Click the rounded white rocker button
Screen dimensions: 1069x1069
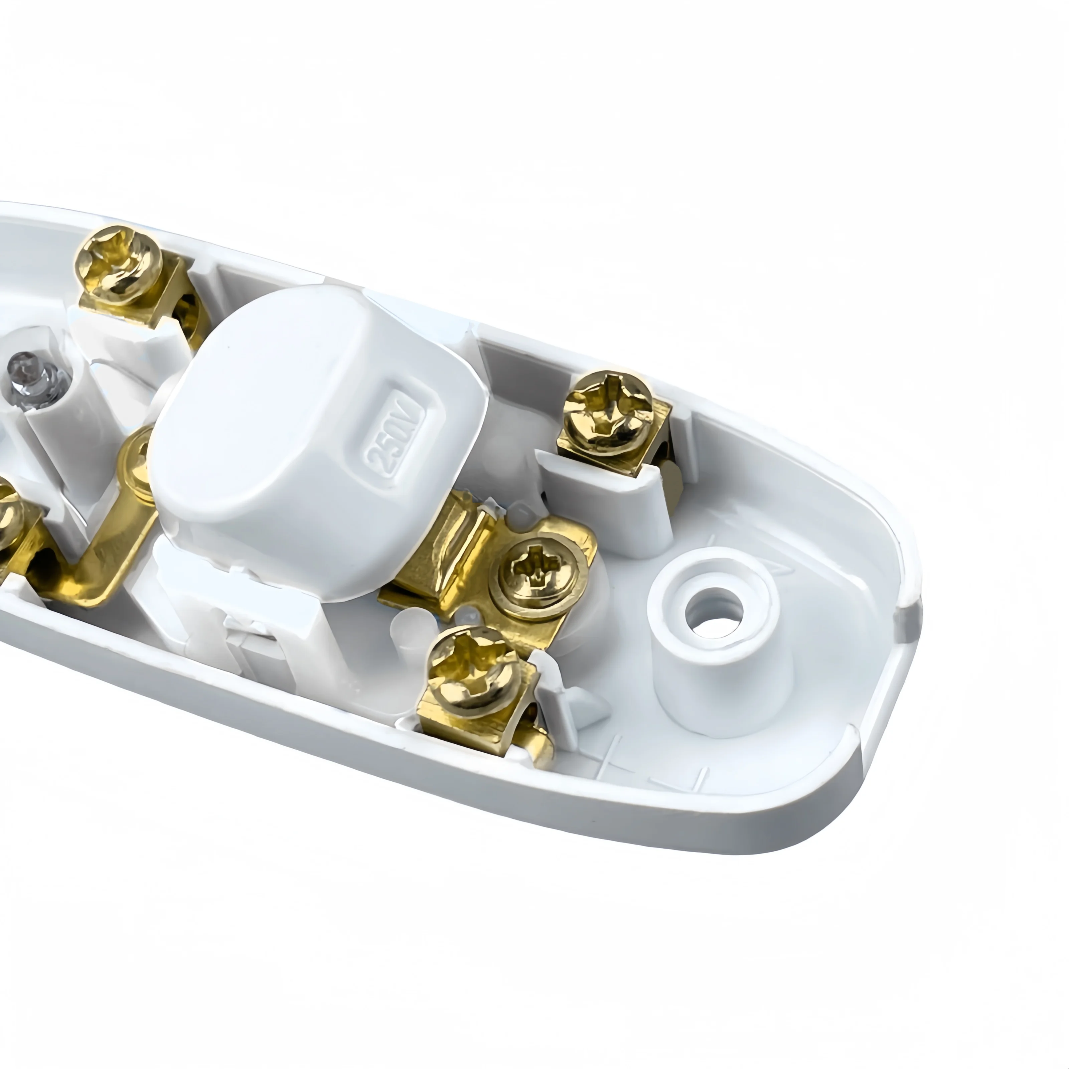tap(318, 443)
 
